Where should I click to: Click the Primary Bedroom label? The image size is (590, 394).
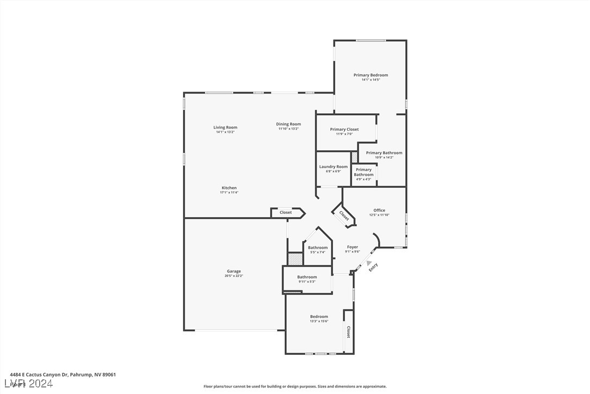371,75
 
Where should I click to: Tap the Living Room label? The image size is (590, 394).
225,127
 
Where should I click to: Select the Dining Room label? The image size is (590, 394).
288,124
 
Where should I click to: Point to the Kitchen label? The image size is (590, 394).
229,188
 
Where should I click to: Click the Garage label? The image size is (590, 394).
234,271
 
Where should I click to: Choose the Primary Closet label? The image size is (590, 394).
344,130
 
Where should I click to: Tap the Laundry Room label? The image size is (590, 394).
333,167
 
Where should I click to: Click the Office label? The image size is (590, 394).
379,210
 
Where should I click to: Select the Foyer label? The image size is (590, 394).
353,247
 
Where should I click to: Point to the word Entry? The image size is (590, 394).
373,267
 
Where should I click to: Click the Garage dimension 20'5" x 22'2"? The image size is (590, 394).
234,276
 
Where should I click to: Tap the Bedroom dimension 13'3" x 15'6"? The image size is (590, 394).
319,321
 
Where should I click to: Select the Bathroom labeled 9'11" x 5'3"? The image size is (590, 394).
306,277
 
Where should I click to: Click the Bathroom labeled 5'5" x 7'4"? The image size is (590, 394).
318,248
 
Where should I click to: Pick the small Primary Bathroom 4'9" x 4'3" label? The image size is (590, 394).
363,172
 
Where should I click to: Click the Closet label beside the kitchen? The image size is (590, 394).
286,212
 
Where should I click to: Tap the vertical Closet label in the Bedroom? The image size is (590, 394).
348,332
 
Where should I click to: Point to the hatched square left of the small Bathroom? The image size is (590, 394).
295,259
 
